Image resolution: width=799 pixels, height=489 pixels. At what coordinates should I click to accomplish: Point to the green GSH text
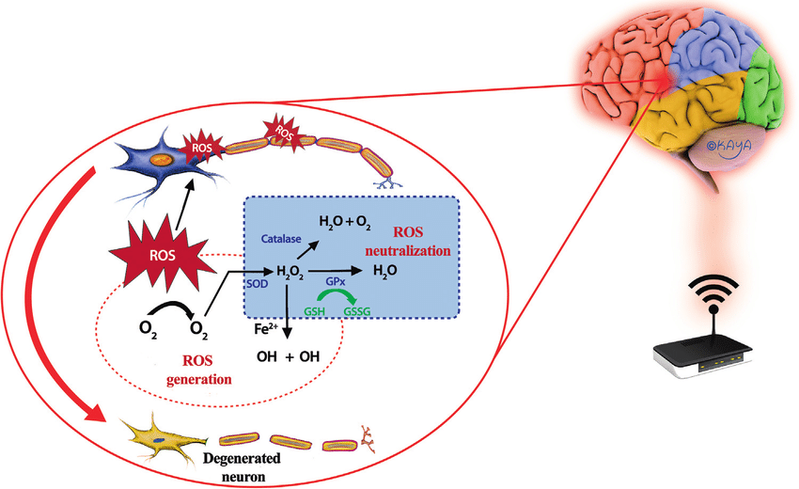(315, 309)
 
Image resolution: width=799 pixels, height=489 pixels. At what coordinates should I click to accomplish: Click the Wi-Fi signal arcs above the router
(713, 290)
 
